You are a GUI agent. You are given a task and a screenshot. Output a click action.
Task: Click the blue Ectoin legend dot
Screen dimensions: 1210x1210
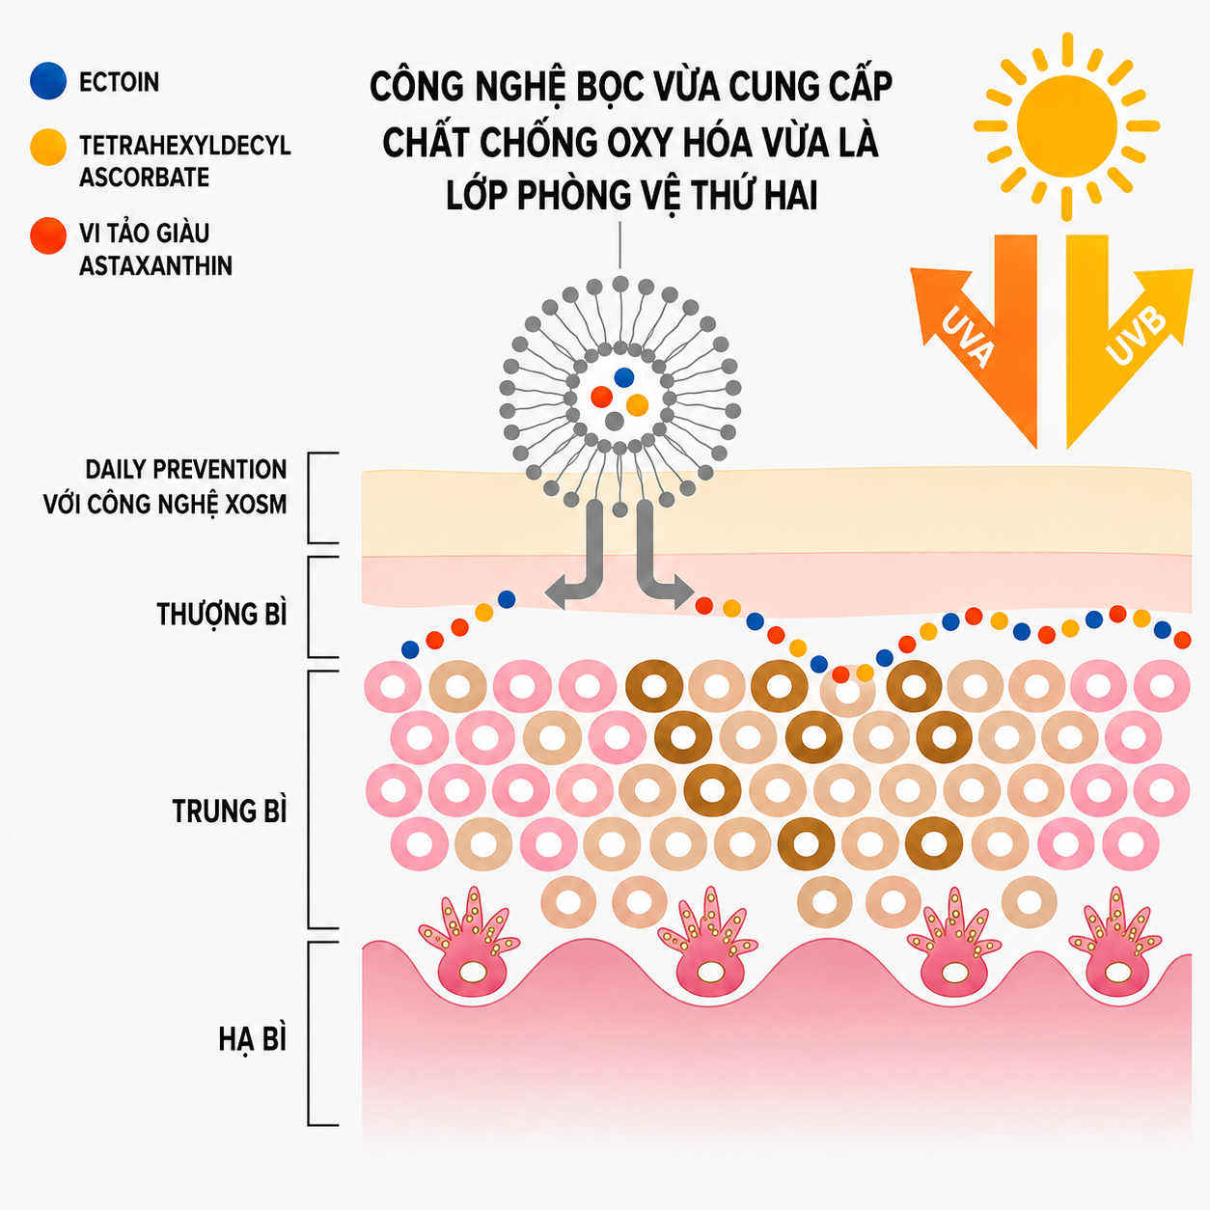(x=48, y=81)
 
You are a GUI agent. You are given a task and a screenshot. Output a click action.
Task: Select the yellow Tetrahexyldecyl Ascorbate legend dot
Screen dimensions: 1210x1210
(x=48, y=147)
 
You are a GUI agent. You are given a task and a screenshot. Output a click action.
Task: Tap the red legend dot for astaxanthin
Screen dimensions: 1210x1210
(x=48, y=235)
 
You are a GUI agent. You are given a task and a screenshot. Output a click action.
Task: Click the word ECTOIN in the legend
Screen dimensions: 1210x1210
(x=120, y=82)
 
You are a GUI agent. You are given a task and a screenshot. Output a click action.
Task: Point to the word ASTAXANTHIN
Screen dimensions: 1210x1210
(x=155, y=266)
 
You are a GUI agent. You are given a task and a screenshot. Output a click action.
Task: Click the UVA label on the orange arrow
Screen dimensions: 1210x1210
(x=968, y=336)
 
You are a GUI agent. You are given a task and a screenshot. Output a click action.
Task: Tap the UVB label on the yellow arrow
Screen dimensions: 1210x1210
(x=1136, y=336)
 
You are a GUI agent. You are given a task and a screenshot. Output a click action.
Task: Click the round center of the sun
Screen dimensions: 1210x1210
(x=1067, y=125)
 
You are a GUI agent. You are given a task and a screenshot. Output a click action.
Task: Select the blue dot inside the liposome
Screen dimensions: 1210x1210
(x=623, y=377)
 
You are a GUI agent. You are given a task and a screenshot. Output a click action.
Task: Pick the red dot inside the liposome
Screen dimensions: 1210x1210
(x=601, y=397)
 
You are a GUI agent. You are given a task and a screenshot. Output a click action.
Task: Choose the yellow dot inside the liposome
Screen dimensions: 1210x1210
(x=638, y=405)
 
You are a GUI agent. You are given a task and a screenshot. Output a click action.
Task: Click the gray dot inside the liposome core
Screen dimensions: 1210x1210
(x=614, y=421)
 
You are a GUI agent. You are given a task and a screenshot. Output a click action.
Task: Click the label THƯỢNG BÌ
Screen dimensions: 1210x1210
(x=222, y=614)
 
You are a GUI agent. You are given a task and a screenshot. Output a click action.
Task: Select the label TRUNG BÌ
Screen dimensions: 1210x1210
(x=230, y=811)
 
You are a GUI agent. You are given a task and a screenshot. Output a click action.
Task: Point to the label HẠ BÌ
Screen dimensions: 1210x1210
(x=253, y=1040)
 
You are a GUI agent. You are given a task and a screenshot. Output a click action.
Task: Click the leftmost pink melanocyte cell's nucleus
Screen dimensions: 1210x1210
(x=473, y=972)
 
